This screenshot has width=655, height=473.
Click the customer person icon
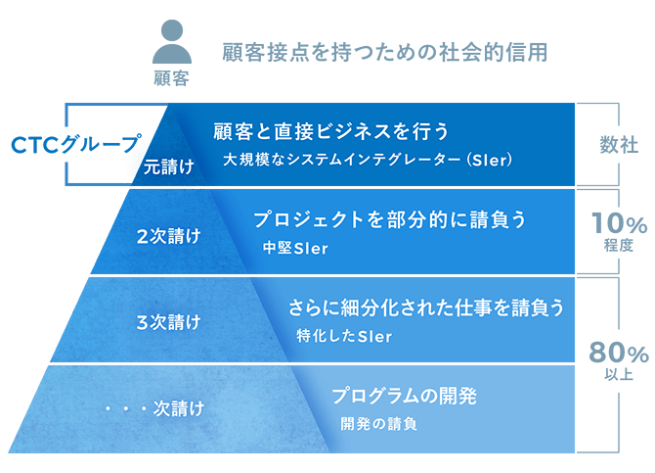(172, 41)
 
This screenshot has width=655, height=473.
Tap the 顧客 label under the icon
(172, 78)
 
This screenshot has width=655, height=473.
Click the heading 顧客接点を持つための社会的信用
(385, 52)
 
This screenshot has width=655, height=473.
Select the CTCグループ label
(76, 144)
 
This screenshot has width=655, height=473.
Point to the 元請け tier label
(169, 167)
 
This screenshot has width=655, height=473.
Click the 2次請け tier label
(169, 237)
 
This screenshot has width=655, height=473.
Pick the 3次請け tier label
(169, 322)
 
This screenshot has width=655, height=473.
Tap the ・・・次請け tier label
(155, 408)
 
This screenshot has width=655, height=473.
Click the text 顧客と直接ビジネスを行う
(330, 131)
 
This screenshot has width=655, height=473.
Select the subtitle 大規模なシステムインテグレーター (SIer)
(368, 160)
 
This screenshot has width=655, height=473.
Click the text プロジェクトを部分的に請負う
(390, 219)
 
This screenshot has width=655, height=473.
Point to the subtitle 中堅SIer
(296, 248)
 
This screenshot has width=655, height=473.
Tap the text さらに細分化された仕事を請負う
(426, 307)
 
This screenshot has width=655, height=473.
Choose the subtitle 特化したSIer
(345, 336)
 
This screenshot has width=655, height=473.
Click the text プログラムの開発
(405, 396)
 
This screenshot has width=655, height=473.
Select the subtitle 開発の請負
(379, 424)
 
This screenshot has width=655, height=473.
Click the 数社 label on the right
(619, 145)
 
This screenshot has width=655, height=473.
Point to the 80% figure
(619, 353)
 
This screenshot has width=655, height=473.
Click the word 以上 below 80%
(619, 374)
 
